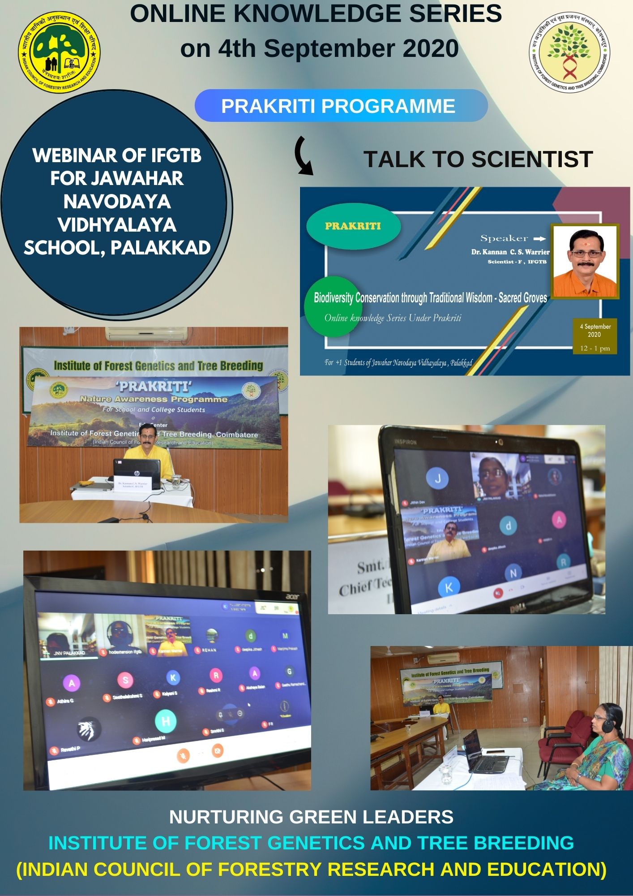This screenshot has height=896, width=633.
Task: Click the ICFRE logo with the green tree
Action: tap(59, 52)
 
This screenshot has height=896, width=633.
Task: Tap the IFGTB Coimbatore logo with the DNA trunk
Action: tap(569, 52)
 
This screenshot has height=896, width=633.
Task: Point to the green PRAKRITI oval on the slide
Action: tap(353, 226)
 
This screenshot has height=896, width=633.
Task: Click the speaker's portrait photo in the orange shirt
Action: tap(585, 261)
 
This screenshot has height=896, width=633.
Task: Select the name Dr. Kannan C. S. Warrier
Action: tap(510, 252)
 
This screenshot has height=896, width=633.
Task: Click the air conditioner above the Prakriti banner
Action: tap(146, 334)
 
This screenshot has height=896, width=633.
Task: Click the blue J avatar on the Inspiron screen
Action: tap(437, 479)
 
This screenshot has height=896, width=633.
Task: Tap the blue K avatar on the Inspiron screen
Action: tap(449, 588)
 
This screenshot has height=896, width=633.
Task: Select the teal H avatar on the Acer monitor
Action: tap(165, 721)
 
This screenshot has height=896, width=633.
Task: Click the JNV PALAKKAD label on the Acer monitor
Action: tap(69, 653)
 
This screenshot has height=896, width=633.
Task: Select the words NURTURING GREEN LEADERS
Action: tap(311, 817)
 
